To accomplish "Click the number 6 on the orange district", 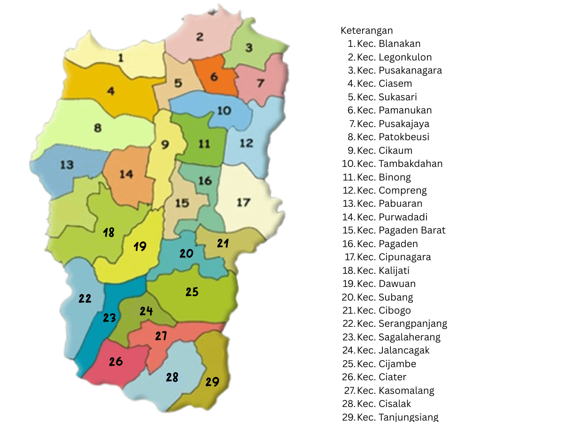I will (x=214, y=76).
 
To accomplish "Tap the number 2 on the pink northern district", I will (x=200, y=37).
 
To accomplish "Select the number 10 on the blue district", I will (x=224, y=111).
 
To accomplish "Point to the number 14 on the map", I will (x=126, y=174).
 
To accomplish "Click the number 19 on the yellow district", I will (x=140, y=247).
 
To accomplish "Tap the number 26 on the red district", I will (x=116, y=362).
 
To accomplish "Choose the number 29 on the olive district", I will (x=212, y=382).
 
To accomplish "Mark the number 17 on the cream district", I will (x=243, y=203).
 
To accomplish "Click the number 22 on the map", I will (x=85, y=299).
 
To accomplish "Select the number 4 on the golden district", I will (x=111, y=91).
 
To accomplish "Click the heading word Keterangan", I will (x=366, y=30).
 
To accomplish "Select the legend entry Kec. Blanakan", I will (x=388, y=44).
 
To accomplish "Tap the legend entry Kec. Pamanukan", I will (x=394, y=110).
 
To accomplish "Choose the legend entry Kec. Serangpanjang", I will (x=402, y=324).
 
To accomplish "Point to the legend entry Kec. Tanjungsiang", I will (x=397, y=417).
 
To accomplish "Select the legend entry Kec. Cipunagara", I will (x=394, y=257).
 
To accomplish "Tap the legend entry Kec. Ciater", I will (x=381, y=377).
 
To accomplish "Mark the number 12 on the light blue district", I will (x=246, y=143).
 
